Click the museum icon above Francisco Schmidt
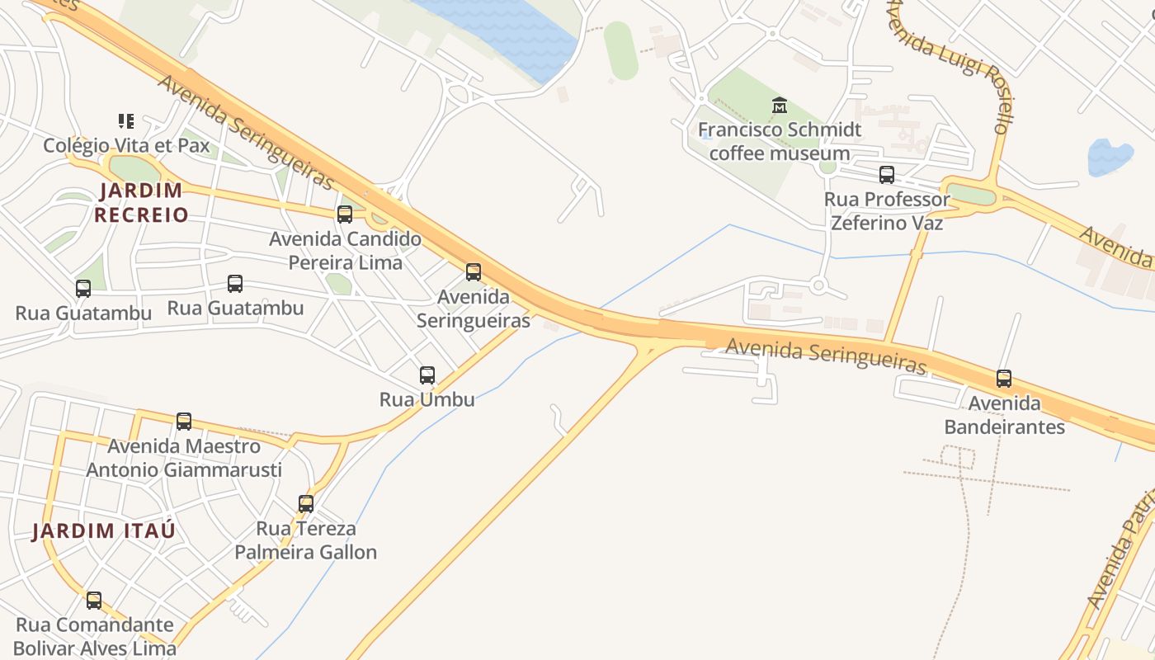click(780, 106)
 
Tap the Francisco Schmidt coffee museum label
click(780, 141)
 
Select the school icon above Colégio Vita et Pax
click(126, 121)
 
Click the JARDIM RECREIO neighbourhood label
click(141, 202)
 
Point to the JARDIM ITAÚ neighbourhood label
click(104, 530)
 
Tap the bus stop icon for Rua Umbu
click(427, 375)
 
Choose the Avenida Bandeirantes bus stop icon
click(1004, 379)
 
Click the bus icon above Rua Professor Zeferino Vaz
click(887, 175)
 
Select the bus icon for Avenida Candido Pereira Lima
click(345, 214)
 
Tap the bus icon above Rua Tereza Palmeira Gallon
click(306, 503)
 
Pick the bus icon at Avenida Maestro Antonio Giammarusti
click(184, 422)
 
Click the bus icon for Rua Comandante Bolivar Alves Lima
click(94, 600)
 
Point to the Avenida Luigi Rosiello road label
click(950, 64)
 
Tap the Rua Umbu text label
click(427, 399)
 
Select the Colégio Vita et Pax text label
click(126, 146)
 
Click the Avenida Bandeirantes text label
click(1004, 415)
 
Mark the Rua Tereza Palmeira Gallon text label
click(306, 540)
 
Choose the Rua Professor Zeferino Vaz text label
click(887, 211)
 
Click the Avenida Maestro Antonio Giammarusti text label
click(184, 458)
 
